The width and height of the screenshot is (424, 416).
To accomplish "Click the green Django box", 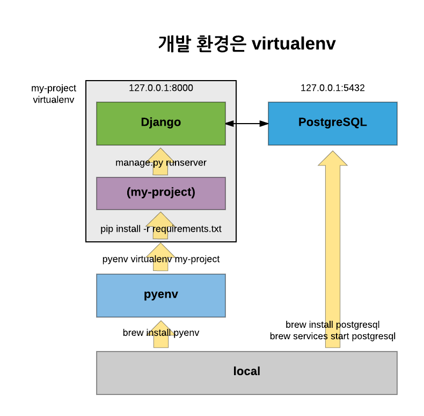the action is coord(161,124).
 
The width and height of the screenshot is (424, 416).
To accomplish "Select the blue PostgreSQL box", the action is coord(333,124).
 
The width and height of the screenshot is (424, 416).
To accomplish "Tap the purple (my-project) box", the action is coord(161,193).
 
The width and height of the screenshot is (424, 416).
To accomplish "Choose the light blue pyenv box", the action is coord(161,296).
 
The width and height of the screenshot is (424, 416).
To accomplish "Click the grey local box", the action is coord(247,373).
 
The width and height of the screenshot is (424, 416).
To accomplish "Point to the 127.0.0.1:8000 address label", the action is coord(161,88).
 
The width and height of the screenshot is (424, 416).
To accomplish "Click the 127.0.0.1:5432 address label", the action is coord(333,88).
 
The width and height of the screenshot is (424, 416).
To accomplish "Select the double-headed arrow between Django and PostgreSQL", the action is coord(247,124).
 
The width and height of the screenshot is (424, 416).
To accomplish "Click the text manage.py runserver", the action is coord(161,162).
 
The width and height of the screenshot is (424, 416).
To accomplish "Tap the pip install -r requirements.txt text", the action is coord(161,229).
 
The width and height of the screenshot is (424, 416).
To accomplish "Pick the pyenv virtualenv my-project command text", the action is coord(161,259).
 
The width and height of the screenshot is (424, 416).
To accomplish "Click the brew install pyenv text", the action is coord(161,333).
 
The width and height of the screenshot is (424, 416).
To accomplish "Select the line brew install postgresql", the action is coord(333,325).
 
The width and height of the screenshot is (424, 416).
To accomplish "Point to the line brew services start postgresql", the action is coord(333,336).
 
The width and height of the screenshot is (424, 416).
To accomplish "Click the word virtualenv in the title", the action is coord(294,44).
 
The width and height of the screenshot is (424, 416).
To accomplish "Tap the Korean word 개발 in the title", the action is coord(174,44).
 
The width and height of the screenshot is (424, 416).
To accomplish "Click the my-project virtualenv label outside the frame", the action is coord(54,94).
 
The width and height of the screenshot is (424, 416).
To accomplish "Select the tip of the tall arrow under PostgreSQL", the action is coord(333,151).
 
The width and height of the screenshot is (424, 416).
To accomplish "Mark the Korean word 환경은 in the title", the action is coord(221,44).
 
